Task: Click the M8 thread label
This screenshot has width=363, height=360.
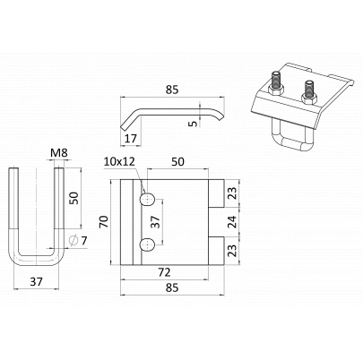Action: [x=59, y=153]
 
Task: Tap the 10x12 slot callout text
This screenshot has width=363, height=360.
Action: [x=119, y=161]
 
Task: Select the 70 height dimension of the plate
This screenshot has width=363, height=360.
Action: [x=104, y=222]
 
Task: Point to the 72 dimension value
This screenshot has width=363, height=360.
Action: [x=164, y=272]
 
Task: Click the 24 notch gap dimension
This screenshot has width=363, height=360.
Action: [x=233, y=221]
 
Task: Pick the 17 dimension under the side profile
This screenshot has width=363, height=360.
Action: [x=130, y=139]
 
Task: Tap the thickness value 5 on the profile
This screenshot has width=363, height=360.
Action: [x=194, y=123]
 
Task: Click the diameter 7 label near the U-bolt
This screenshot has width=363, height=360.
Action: [x=78, y=241]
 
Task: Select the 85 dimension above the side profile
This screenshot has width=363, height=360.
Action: [x=172, y=90]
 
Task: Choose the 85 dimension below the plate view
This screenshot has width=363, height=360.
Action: [x=172, y=287]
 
